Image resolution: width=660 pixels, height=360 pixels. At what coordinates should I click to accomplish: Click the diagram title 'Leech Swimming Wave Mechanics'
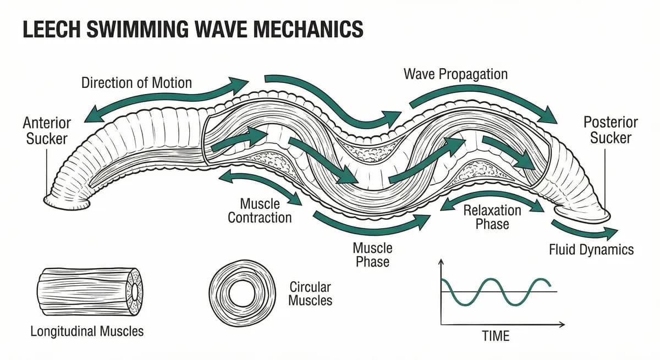point(193,29)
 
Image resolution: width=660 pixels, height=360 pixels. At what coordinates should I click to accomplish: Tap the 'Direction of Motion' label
point(136,83)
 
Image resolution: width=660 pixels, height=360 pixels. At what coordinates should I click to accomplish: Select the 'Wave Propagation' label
point(455,74)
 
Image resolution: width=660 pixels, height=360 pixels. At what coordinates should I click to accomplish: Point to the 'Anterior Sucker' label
point(47,130)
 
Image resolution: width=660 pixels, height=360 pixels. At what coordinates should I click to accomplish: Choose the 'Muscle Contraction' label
point(260,211)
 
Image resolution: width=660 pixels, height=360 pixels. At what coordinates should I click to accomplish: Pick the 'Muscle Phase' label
point(372,254)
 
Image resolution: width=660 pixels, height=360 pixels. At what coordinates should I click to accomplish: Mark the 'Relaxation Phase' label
point(492,217)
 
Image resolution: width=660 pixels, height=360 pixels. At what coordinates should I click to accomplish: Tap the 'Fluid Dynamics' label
point(591,250)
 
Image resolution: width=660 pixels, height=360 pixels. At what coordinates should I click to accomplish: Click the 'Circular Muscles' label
point(310,293)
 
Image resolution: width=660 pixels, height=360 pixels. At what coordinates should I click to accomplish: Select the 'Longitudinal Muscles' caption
point(87,331)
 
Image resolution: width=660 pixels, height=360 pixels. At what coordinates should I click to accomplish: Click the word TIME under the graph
point(496,336)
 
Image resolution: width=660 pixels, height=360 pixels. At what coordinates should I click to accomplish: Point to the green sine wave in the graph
point(495,291)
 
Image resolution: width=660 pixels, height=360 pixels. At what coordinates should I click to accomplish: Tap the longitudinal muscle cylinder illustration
point(88,291)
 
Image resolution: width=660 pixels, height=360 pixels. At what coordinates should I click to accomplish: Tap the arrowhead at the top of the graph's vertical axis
point(440,262)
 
